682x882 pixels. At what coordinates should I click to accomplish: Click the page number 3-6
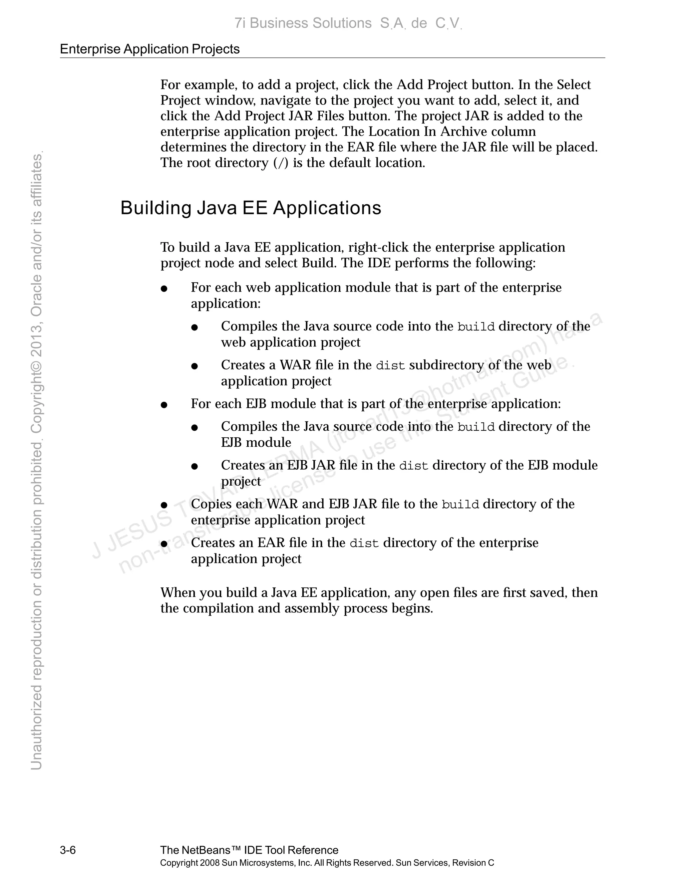[x=68, y=850]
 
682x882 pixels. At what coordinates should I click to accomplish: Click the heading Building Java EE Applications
[x=250, y=208]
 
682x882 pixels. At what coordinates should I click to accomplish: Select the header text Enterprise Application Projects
[x=150, y=49]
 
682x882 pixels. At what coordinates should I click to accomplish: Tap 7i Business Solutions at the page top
[x=303, y=23]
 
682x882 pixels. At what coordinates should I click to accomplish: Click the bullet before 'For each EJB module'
[x=164, y=405]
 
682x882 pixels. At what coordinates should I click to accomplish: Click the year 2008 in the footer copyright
[x=210, y=863]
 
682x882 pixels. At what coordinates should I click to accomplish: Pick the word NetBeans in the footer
[x=207, y=850]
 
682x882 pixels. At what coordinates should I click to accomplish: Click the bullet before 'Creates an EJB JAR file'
[x=194, y=466]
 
